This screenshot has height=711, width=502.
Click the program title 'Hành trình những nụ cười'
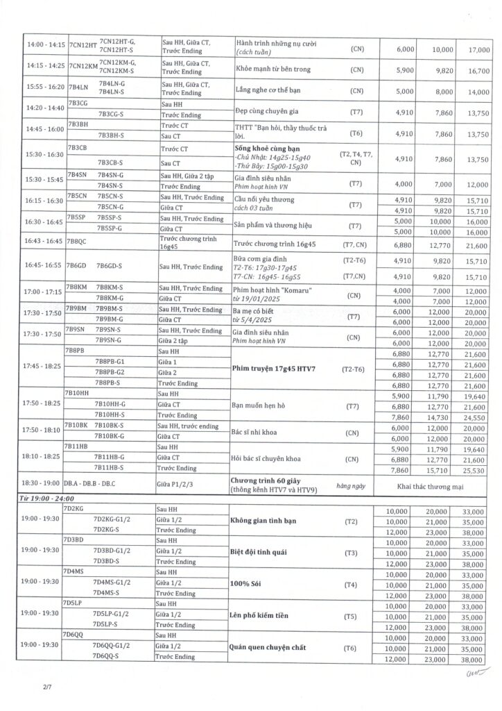pos(276,43)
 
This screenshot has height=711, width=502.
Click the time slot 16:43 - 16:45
pos(44,242)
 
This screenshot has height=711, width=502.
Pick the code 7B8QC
pos(76,242)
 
